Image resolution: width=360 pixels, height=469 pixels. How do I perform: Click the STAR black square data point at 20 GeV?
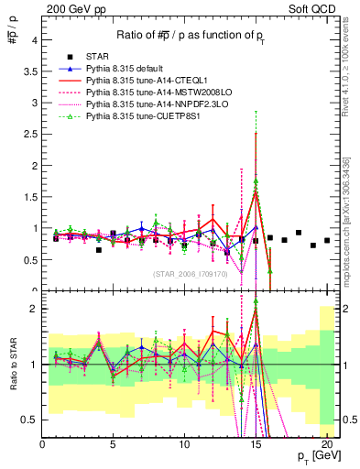click(x=327, y=241)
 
